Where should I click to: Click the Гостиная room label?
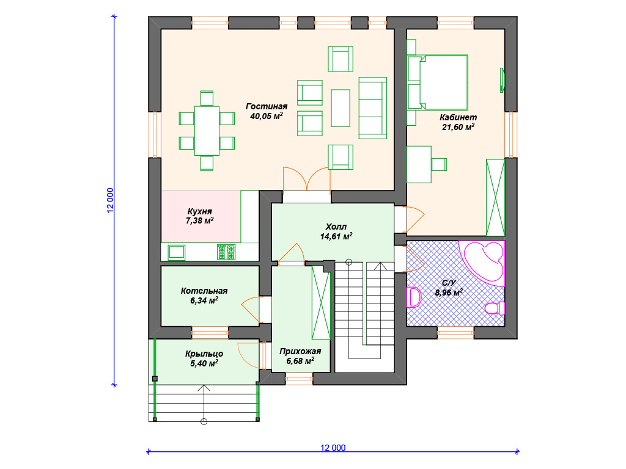pos(267,106)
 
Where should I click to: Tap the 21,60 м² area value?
pos(458,127)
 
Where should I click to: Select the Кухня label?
pos(200,211)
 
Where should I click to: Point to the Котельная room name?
pos(204,291)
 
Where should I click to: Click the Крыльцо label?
pos(204,354)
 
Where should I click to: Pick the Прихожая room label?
pos(300,351)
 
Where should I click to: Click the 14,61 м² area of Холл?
pos(336,236)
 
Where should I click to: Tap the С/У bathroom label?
pos(449,283)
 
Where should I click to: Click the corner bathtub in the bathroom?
pos(483,263)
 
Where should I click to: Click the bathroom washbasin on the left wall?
pos(414,297)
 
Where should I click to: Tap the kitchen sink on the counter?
pos(177,252)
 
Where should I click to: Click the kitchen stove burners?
pos(226,252)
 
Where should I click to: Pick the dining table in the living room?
pos(207,131)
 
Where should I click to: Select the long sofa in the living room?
pos(372,108)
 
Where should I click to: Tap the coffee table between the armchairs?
pos(341,108)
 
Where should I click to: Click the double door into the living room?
pos(307,179)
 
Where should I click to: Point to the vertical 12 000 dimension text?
pos(110,200)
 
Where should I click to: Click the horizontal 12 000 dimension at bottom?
pos(333,448)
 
